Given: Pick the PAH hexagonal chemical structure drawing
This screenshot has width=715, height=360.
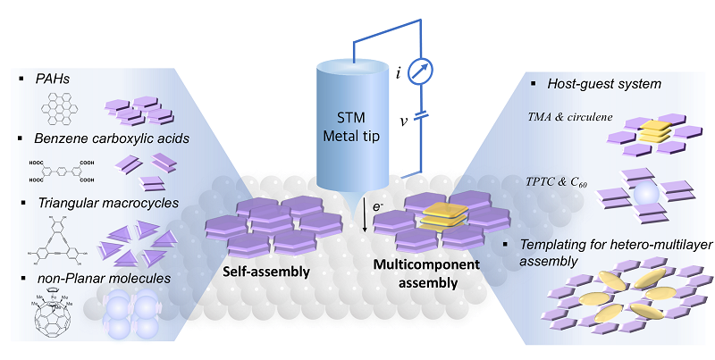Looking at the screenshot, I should pos(59,109).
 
